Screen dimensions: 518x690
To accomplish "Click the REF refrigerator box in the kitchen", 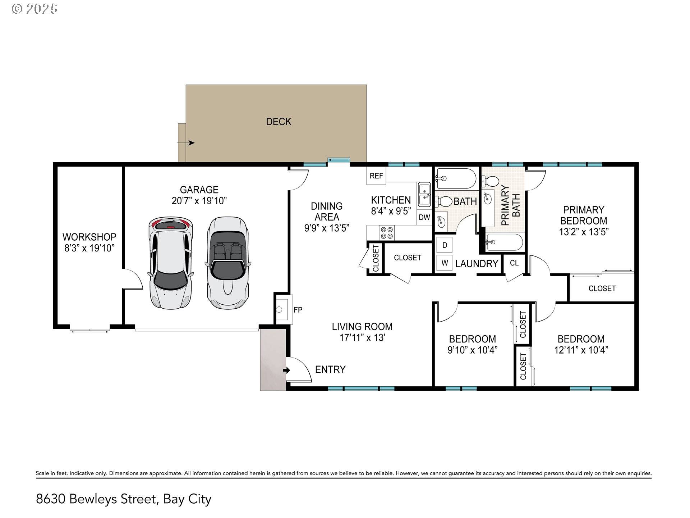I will (x=376, y=176).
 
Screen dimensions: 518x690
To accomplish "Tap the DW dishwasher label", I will (x=424, y=217).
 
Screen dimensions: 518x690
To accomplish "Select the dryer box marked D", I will (x=445, y=245).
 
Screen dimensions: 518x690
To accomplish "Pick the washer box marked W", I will (x=445, y=263).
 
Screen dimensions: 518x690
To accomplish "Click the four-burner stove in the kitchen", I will (x=387, y=233).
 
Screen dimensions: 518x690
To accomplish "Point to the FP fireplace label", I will (x=298, y=310).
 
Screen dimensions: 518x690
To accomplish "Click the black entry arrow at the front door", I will (x=286, y=370).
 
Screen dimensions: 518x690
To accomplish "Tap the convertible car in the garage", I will (x=227, y=262).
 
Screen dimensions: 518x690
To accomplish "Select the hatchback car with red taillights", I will (x=170, y=263).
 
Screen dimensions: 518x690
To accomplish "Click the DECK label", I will (x=279, y=122).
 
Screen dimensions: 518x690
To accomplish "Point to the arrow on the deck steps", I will (x=186, y=143).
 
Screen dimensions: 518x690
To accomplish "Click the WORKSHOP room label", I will (x=89, y=237).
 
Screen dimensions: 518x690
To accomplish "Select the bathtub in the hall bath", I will (x=456, y=178).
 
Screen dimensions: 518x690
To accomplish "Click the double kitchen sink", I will (x=424, y=195).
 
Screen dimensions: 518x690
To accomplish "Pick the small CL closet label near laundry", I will (x=514, y=263).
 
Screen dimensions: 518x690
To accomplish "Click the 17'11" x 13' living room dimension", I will (x=362, y=338).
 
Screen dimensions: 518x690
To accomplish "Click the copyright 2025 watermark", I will (x=34, y=9).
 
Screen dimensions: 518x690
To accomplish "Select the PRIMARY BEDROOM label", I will (x=583, y=215).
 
